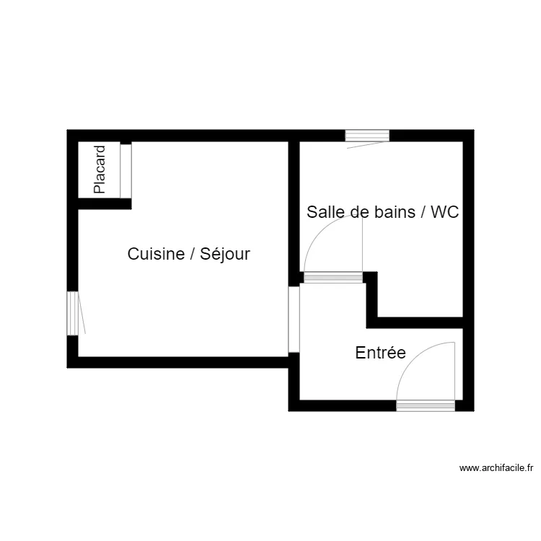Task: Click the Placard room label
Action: [100, 170]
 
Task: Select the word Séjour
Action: [225, 254]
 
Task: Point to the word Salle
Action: [323, 212]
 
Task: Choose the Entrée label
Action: [380, 353]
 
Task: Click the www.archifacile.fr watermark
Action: [496, 468]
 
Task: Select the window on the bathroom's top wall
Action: [367, 135]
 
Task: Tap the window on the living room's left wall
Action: [72, 312]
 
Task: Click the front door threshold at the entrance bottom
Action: [426, 406]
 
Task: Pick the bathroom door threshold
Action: [333, 277]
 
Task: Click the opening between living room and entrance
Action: [294, 319]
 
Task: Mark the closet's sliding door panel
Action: [126, 170]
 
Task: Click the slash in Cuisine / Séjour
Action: [190, 254]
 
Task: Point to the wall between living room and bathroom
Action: [294, 209]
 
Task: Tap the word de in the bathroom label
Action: [359, 212]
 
